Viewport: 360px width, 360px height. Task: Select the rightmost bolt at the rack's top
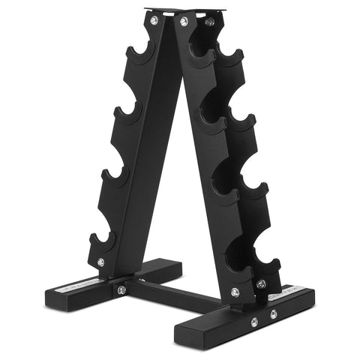pyautogui.click(x=209, y=22)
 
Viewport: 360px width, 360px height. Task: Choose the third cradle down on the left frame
pyautogui.click(x=115, y=177)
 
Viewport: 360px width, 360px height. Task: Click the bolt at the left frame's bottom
pyautogui.click(x=100, y=262)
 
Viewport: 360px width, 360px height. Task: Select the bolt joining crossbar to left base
pyautogui.click(x=121, y=289)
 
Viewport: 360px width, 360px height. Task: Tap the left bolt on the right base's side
pyautogui.click(x=254, y=322)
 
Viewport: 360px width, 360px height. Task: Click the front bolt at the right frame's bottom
pyautogui.click(x=235, y=292)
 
